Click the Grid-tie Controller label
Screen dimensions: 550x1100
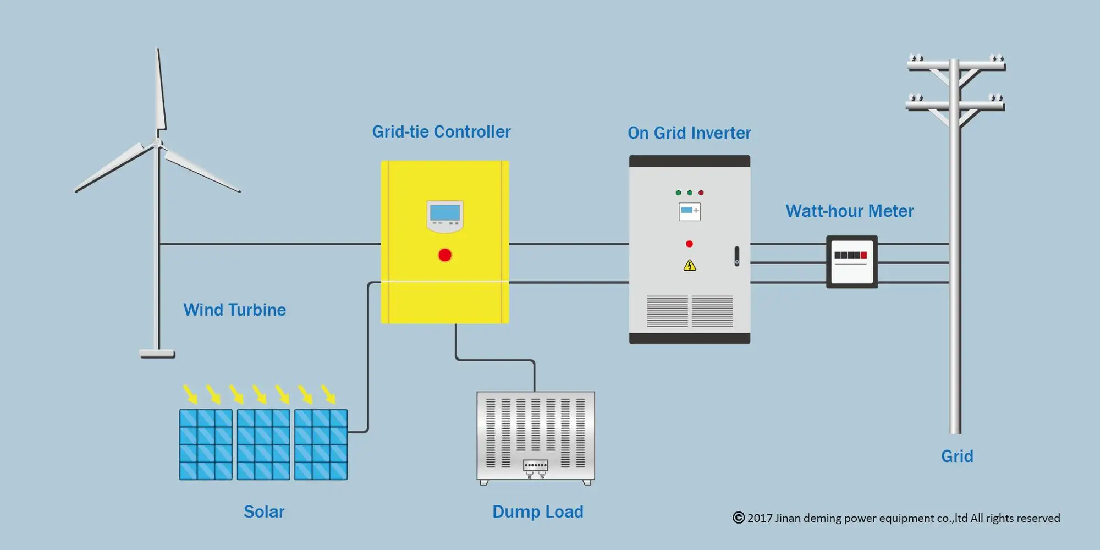click(441, 132)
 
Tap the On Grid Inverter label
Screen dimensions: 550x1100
click(689, 133)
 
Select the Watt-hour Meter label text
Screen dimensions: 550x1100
click(849, 211)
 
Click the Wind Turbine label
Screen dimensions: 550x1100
click(234, 310)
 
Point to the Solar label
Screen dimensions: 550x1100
click(264, 512)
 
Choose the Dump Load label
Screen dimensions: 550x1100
click(537, 512)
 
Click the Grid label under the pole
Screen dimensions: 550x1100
click(957, 457)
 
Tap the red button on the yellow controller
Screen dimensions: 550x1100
click(445, 255)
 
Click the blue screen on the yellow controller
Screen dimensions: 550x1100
click(445, 213)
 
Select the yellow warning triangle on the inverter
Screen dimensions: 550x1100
click(690, 266)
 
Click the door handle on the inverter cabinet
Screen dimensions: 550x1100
click(737, 256)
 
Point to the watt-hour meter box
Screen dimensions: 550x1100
click(851, 262)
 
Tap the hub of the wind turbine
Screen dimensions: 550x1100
click(158, 143)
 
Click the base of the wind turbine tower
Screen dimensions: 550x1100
click(157, 354)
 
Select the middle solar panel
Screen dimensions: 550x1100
click(263, 444)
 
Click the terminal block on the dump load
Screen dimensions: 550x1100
click(535, 465)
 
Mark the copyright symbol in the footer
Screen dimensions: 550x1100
click(739, 518)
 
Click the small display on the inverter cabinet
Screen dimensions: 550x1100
click(690, 212)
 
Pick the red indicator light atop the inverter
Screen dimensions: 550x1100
click(701, 193)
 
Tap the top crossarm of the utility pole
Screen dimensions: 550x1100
click(956, 66)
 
